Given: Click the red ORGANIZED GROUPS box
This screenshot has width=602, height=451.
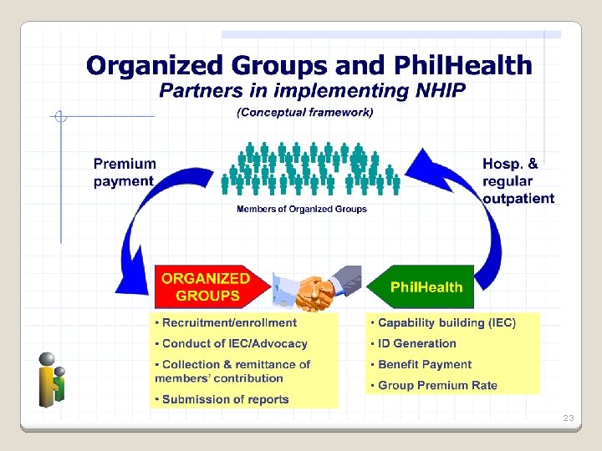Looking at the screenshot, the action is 209,286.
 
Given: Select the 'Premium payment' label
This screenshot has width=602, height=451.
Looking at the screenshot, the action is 124,173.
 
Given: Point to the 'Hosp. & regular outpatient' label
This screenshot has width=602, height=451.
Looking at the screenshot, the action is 518,181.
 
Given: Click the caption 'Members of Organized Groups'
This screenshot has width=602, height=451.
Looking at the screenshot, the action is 302,209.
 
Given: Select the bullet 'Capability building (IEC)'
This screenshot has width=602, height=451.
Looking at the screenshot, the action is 446,322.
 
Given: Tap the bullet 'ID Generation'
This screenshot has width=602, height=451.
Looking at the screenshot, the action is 416,343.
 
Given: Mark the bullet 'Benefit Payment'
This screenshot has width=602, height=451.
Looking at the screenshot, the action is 424,364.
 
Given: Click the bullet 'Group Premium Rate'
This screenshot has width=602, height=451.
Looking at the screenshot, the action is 437,385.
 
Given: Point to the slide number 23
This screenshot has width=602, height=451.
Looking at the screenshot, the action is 569,417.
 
